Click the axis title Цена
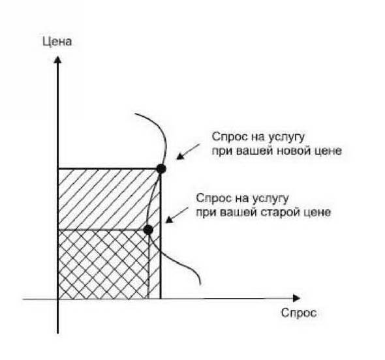(57, 42)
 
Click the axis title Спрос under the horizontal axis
(299, 313)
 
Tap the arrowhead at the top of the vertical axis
(57, 59)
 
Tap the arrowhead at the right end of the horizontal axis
(297, 298)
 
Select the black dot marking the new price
(161, 169)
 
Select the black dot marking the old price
(148, 230)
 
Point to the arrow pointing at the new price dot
(189, 152)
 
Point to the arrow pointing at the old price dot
(177, 216)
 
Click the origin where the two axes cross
(57, 299)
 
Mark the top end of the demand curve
(135, 113)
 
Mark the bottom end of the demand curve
(200, 284)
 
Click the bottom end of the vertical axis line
(57, 333)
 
